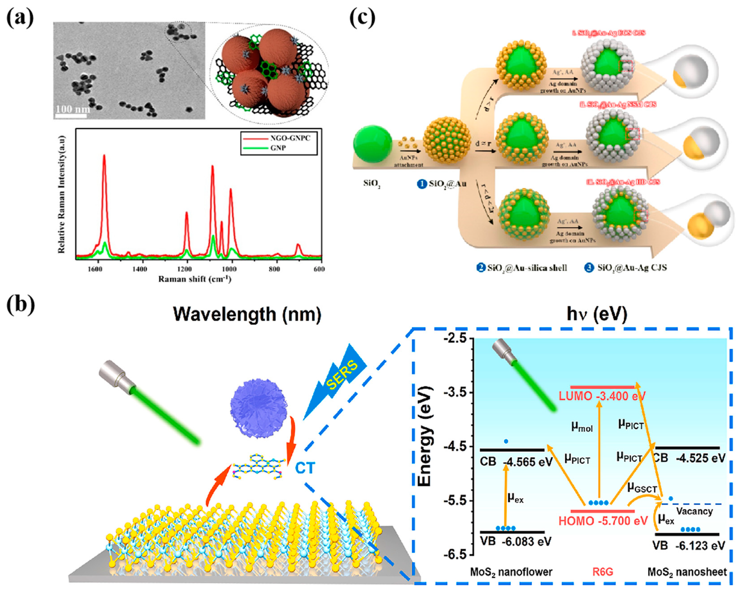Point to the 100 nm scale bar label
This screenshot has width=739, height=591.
point(73,109)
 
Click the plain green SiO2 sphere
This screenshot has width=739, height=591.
point(373,143)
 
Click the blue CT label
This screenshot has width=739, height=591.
point(305,468)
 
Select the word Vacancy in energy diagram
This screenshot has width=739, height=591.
point(694,511)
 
